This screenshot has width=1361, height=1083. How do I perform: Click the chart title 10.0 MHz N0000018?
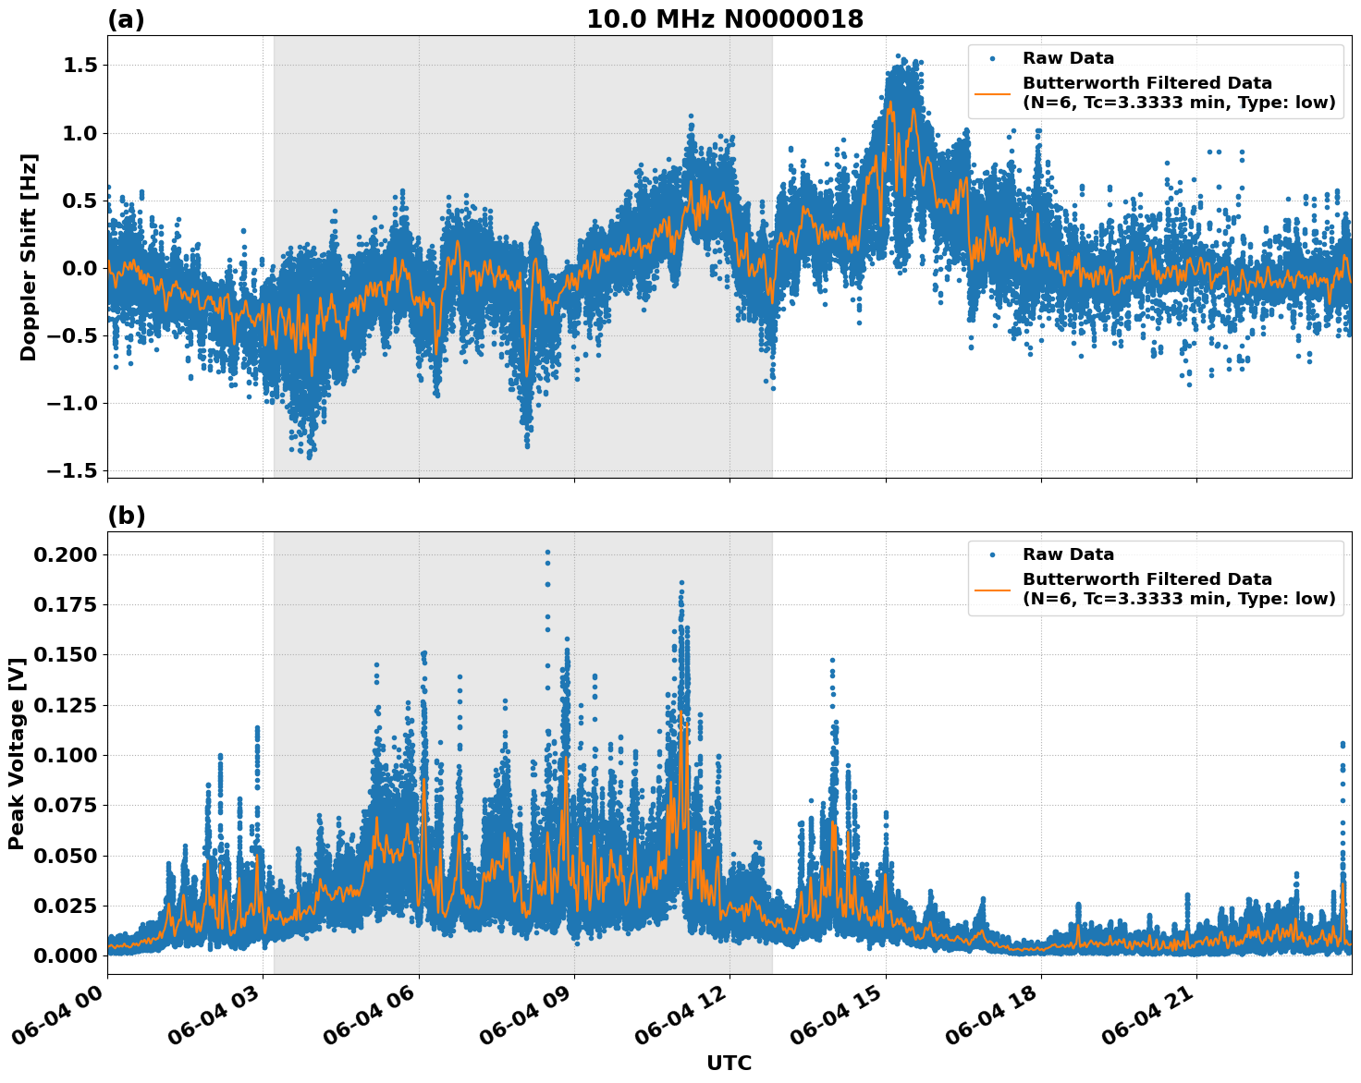725,19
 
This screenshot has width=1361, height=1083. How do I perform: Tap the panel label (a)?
126,19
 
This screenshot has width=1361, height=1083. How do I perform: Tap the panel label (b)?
126,516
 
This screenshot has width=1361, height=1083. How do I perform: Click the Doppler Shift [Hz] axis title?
29,257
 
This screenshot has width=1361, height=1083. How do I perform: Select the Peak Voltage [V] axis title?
17,753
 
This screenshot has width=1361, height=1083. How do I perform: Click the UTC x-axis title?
729,1063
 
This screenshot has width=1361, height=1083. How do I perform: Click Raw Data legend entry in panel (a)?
1067,58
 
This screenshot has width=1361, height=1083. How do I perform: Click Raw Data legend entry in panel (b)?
1067,554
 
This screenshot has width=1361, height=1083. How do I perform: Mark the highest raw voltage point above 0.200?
547,552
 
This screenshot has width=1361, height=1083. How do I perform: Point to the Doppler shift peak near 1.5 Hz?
897,56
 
